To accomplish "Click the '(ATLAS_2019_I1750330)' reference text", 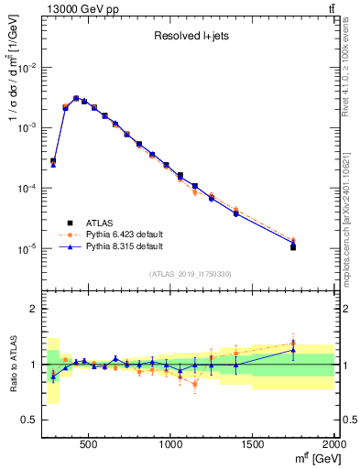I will [x=190, y=273].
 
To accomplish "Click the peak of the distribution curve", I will [x=76, y=97].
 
